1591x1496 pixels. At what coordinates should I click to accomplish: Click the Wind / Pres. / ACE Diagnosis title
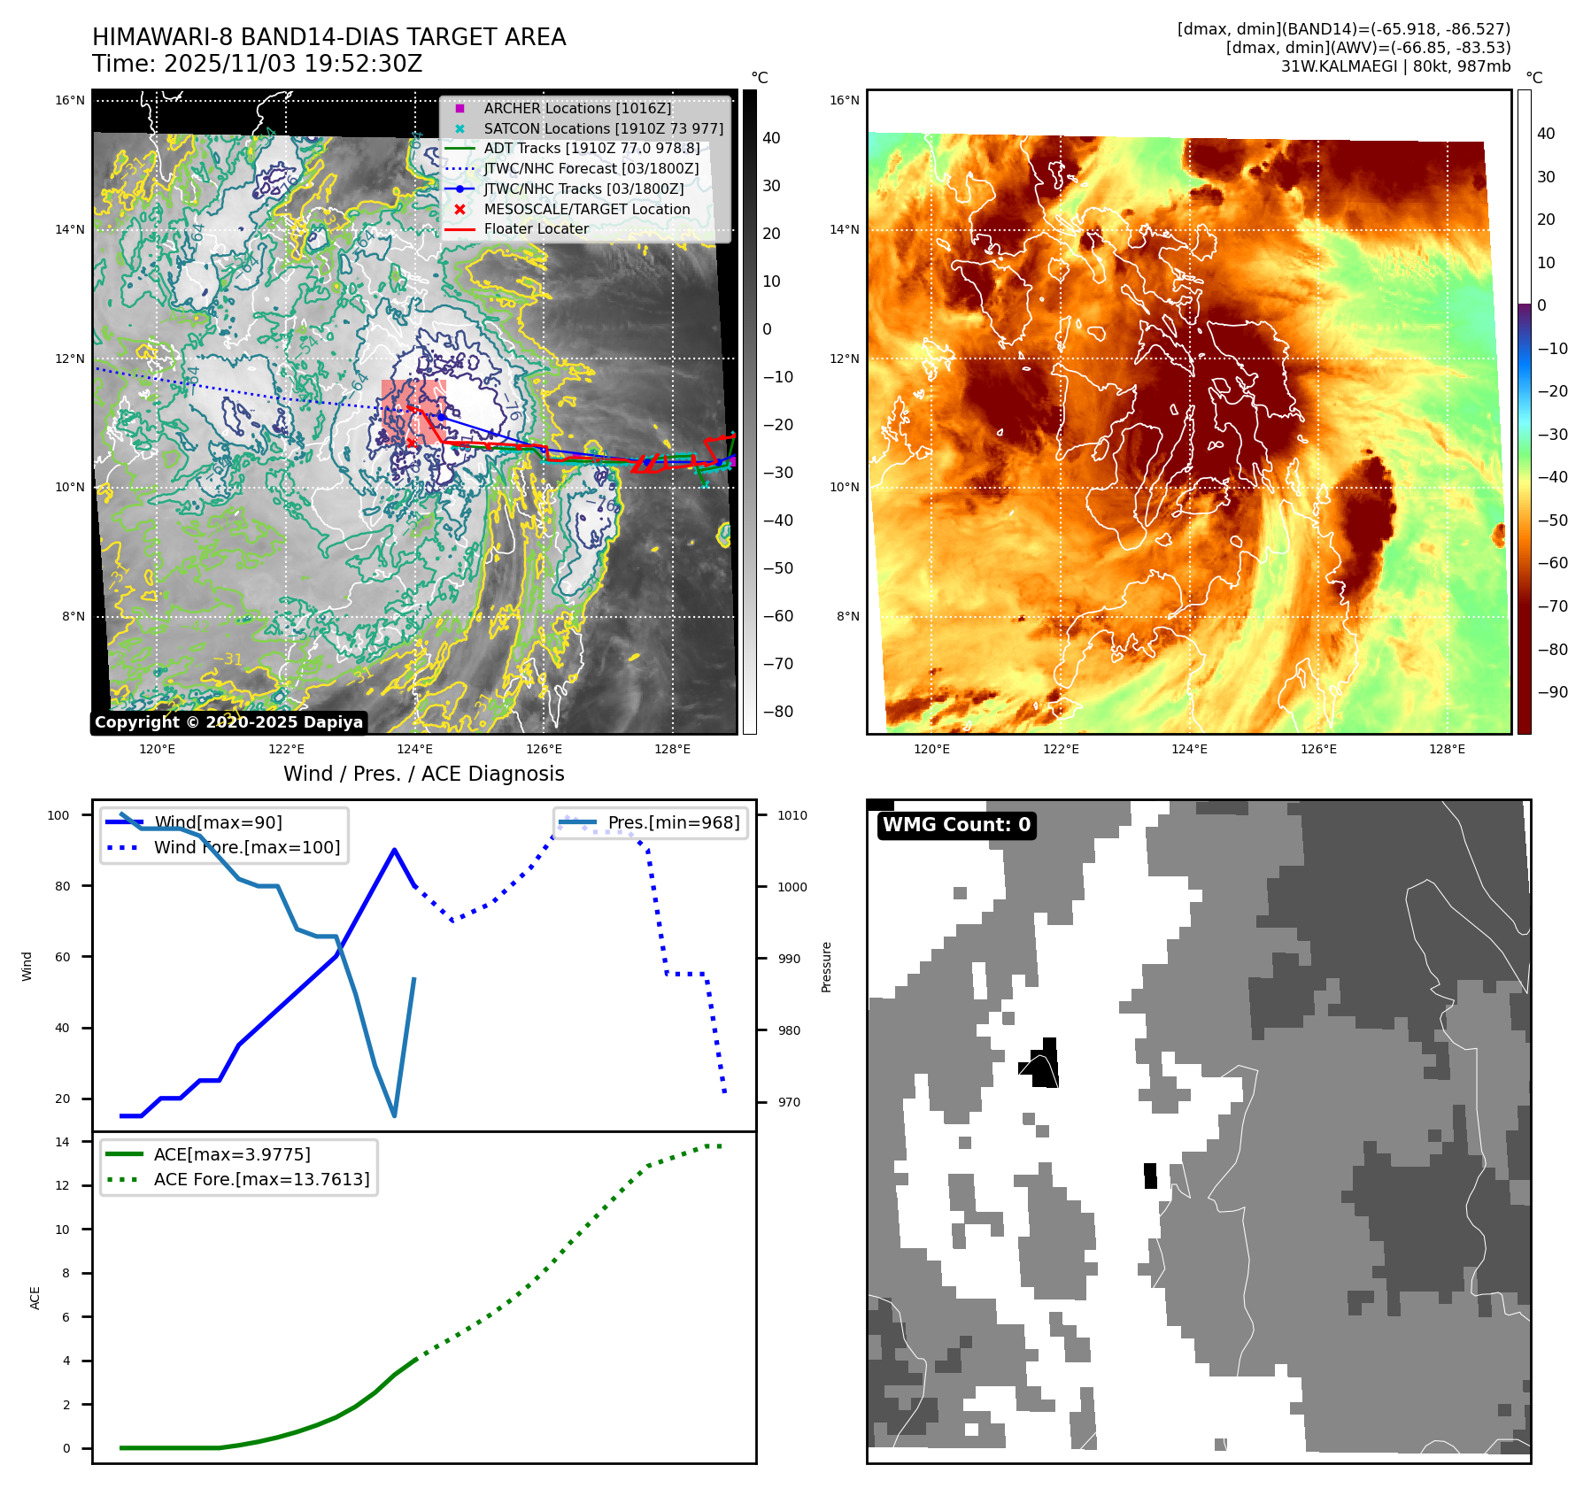[x=423, y=774]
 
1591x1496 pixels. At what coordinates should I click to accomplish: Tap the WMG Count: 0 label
[x=956, y=825]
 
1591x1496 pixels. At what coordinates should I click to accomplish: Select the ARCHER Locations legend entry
[x=577, y=108]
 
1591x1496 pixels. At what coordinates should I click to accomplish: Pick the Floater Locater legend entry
[x=536, y=228]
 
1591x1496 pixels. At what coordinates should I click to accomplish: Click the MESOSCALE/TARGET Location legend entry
[x=586, y=209]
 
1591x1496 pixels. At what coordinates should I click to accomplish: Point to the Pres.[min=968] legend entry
[x=673, y=822]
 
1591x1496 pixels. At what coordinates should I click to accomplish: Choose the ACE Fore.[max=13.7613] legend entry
[x=261, y=1179]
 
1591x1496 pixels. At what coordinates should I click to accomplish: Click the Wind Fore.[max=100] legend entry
[x=246, y=847]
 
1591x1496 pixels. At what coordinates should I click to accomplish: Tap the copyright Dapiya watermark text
[x=228, y=722]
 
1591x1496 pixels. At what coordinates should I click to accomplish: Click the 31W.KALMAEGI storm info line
[x=1395, y=66]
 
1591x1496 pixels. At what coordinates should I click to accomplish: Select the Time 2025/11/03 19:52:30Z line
[x=257, y=64]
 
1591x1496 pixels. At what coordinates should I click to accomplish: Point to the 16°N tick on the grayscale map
[x=70, y=100]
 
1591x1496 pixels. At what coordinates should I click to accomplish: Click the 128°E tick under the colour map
[x=1447, y=749]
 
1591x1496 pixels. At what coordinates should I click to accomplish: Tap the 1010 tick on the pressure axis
[x=792, y=815]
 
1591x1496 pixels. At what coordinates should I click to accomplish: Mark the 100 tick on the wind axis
[x=58, y=815]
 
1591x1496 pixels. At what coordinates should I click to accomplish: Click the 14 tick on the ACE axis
[x=62, y=1142]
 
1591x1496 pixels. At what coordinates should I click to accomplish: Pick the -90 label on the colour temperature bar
[x=1552, y=692]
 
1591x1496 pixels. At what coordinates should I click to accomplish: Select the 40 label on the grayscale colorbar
[x=771, y=138]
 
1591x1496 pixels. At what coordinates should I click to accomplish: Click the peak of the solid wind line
[x=394, y=850]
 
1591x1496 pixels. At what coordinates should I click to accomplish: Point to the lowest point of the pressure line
[x=394, y=1115]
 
